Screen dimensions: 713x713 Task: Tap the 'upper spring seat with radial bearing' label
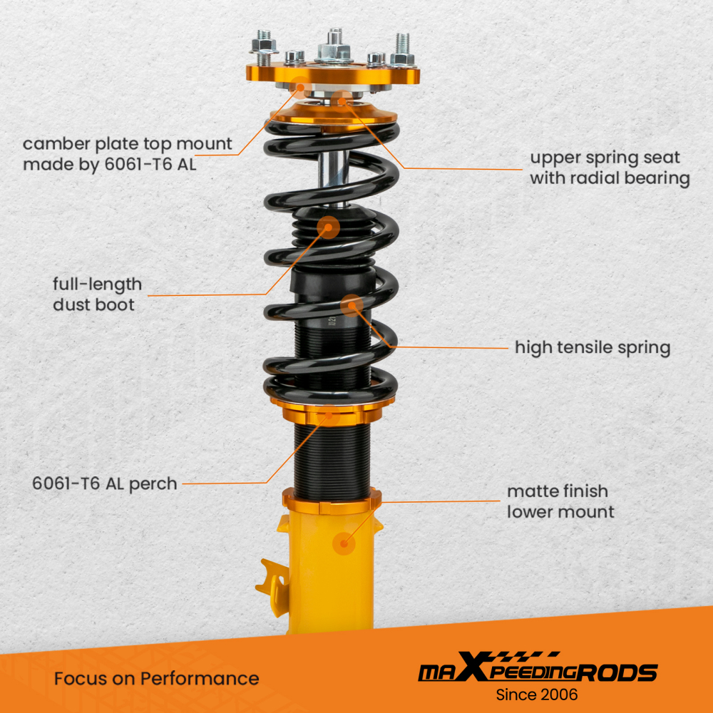(610, 168)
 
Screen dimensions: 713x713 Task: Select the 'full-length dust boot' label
(97, 294)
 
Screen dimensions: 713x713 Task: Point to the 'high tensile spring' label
(593, 348)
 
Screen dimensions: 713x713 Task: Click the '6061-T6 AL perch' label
(105, 483)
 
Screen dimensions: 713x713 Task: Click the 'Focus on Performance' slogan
(156, 678)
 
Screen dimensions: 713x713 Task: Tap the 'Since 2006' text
(537, 694)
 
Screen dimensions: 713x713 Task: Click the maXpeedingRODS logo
(537, 671)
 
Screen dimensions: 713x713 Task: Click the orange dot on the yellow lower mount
(345, 544)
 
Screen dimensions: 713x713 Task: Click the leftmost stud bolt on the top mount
(264, 43)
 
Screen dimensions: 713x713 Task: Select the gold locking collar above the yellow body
(331, 501)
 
